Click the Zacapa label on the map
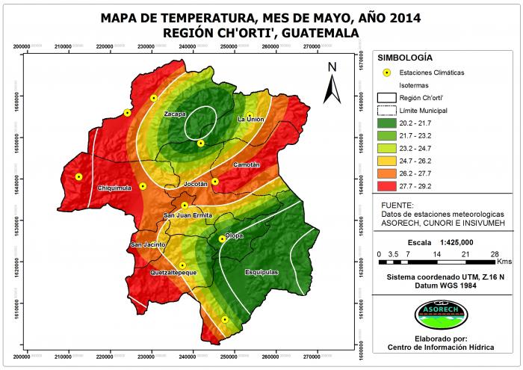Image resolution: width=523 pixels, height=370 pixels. click(175, 114)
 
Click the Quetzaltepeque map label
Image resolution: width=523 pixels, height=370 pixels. click(173, 273)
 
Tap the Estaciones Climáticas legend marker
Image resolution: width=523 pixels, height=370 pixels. click(387, 73)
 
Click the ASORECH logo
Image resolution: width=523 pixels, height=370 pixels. click(440, 312)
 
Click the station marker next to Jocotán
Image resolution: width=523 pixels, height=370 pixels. click(214, 182)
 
